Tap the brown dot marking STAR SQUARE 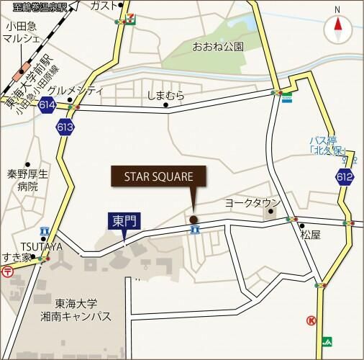pos(193,220)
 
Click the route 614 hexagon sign pos(48,106)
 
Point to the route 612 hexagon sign pos(343,176)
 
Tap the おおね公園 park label pos(218,47)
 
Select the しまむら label pos(165,95)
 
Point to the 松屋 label pos(311,235)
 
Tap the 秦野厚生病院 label pos(27,180)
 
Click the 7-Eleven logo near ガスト pos(129,16)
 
